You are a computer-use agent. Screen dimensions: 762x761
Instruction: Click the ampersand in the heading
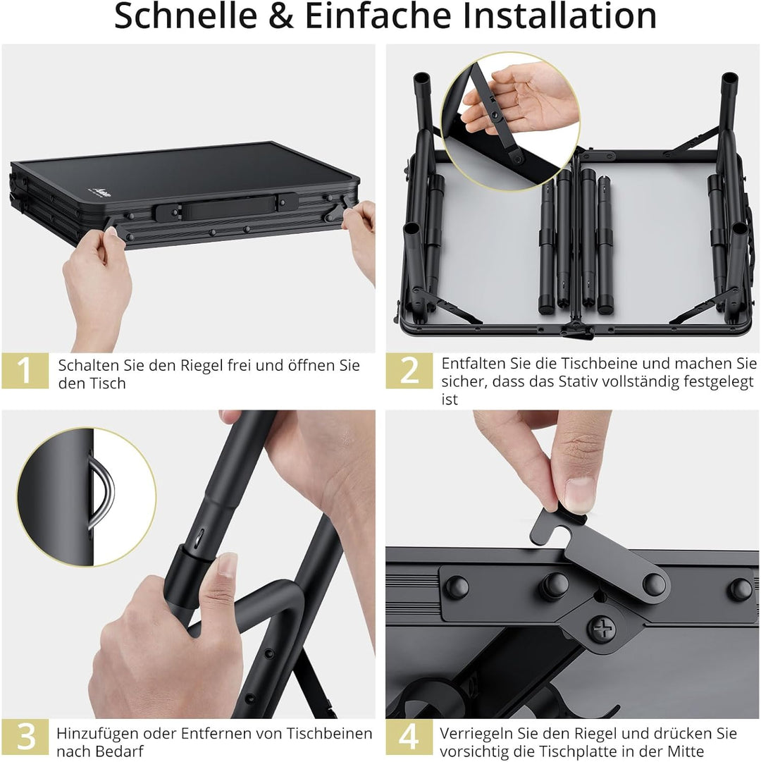click(x=280, y=17)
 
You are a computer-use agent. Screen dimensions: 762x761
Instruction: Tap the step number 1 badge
click(x=25, y=371)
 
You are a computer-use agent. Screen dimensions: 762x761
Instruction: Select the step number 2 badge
click(x=409, y=371)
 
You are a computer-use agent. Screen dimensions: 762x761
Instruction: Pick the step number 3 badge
click(x=25, y=737)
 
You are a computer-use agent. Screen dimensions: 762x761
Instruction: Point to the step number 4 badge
click(x=409, y=737)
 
